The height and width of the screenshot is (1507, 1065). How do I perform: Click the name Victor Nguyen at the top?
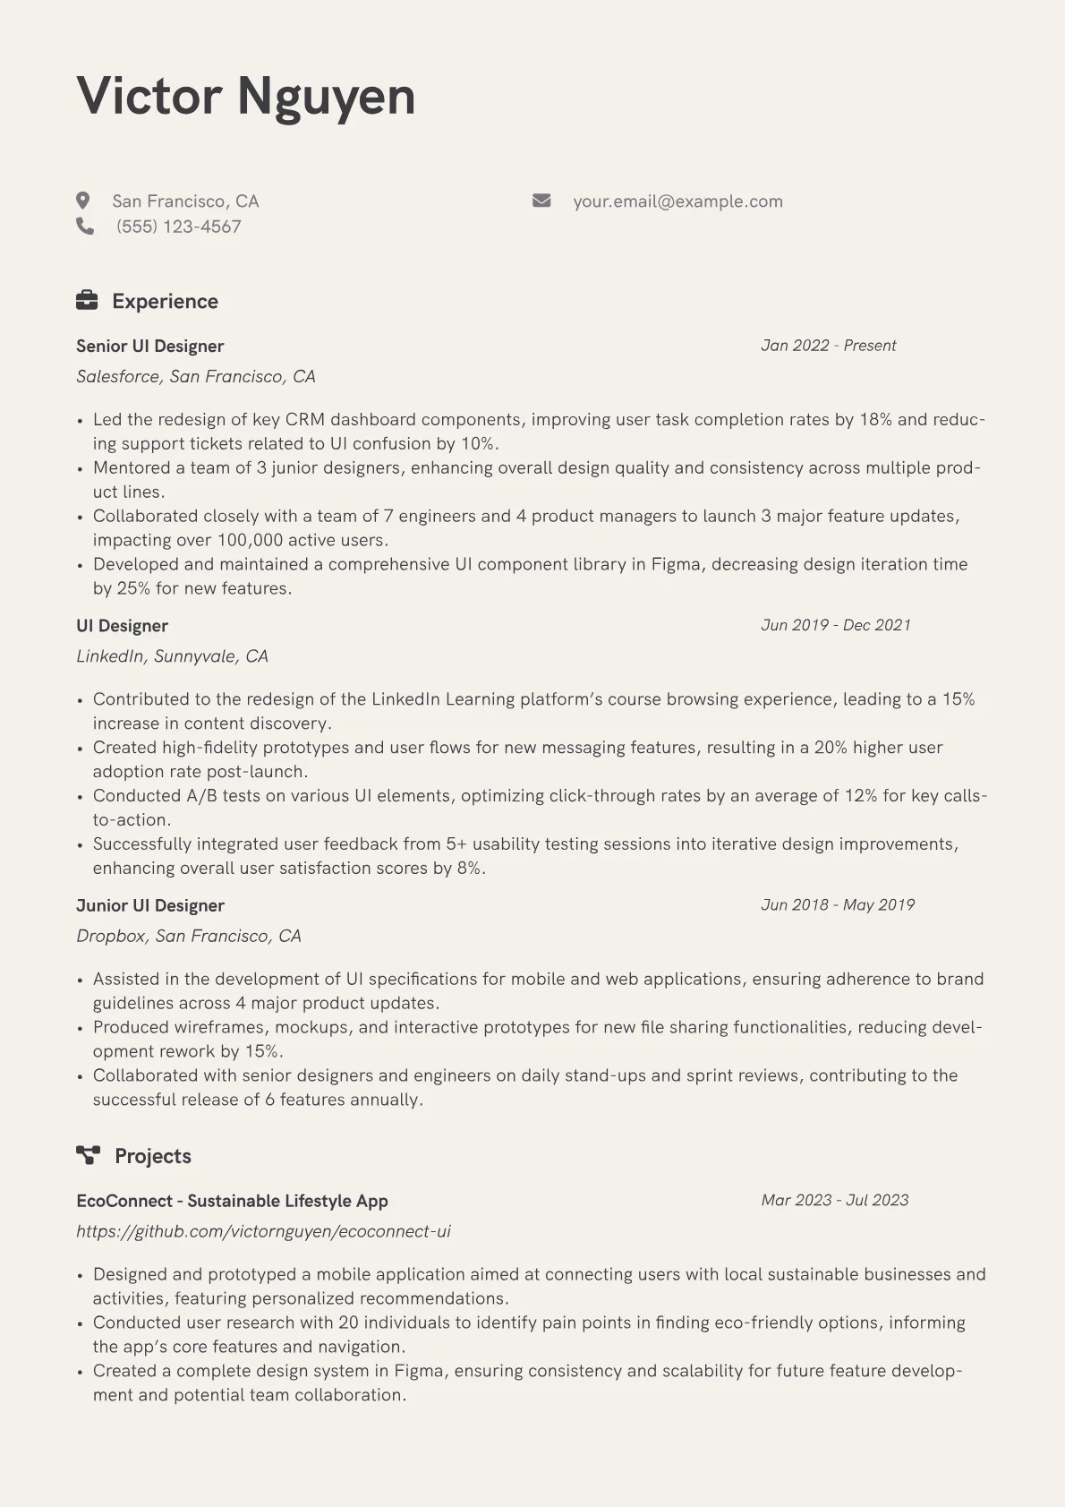246,97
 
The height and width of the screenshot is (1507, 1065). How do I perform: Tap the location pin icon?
83,201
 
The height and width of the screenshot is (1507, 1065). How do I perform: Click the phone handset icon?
85,227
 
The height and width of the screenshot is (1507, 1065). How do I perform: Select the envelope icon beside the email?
541,201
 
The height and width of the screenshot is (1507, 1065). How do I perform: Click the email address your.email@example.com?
677,201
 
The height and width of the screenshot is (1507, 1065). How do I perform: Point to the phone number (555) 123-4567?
179,227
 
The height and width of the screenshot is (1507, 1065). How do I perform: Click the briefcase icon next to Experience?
87,301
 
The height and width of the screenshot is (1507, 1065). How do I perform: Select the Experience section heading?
165,302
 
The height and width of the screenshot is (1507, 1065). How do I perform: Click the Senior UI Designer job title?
149,347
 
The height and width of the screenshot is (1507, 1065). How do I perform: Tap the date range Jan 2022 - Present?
828,346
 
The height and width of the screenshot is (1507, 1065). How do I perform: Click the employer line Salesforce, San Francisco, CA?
196,376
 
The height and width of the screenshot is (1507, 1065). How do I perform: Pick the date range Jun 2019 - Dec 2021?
836,625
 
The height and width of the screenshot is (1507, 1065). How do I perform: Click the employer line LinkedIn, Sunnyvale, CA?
172,656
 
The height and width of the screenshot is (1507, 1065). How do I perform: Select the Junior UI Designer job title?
149,906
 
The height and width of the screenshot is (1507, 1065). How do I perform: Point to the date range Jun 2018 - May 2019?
838,905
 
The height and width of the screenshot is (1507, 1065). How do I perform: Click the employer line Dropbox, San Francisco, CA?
189,936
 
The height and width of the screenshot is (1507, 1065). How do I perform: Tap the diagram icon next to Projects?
88,1155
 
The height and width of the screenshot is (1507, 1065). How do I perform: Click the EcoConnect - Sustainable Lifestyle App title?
232,1202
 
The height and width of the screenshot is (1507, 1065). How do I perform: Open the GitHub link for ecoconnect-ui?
263,1231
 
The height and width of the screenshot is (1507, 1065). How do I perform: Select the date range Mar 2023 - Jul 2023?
834,1200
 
